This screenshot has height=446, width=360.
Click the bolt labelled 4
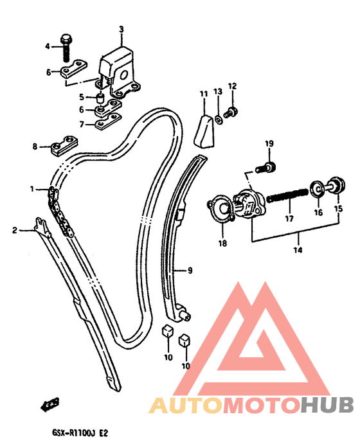click(66, 48)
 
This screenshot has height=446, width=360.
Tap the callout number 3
click(122, 29)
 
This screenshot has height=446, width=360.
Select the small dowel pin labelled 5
click(100, 98)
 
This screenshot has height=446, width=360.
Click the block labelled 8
click(65, 145)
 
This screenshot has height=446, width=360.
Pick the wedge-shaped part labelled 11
click(204, 131)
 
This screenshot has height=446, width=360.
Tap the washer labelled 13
click(219, 120)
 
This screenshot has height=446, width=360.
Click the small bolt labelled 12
click(230, 112)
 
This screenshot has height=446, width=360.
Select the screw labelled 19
click(266, 167)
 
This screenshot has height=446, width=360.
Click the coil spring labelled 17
click(287, 196)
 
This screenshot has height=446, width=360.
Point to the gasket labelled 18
click(221, 208)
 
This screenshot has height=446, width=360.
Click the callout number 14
click(298, 250)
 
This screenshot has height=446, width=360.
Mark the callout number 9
click(190, 270)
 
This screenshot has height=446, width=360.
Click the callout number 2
click(15, 230)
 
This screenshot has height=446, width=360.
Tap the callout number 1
click(32, 189)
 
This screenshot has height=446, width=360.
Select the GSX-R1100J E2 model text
click(80, 433)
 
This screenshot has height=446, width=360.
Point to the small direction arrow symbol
click(50, 404)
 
